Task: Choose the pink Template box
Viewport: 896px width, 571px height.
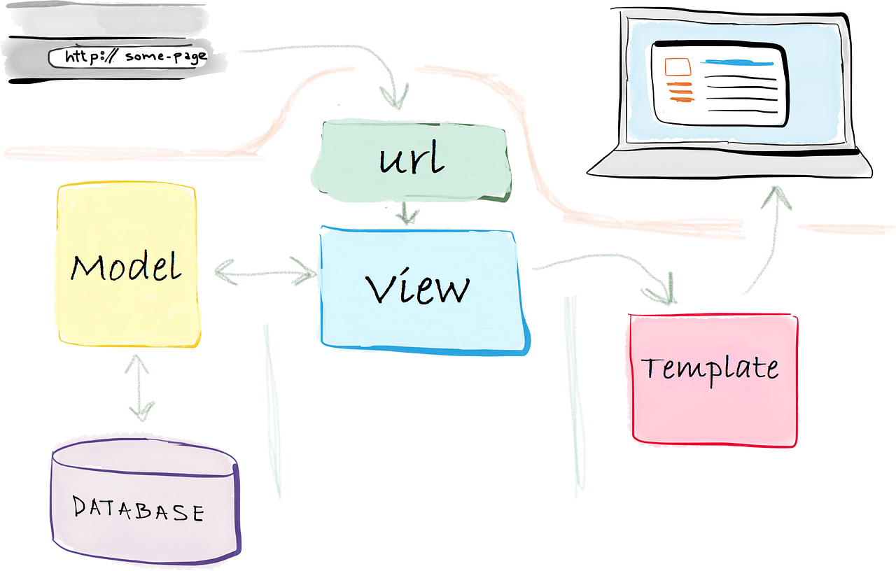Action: (714, 413)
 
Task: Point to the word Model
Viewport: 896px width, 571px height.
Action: (126, 267)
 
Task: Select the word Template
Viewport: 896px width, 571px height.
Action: (710, 368)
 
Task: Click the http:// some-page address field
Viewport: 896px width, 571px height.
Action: (129, 57)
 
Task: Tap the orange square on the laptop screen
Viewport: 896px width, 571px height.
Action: (677, 67)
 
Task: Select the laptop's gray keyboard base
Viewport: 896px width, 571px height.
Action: (728, 166)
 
